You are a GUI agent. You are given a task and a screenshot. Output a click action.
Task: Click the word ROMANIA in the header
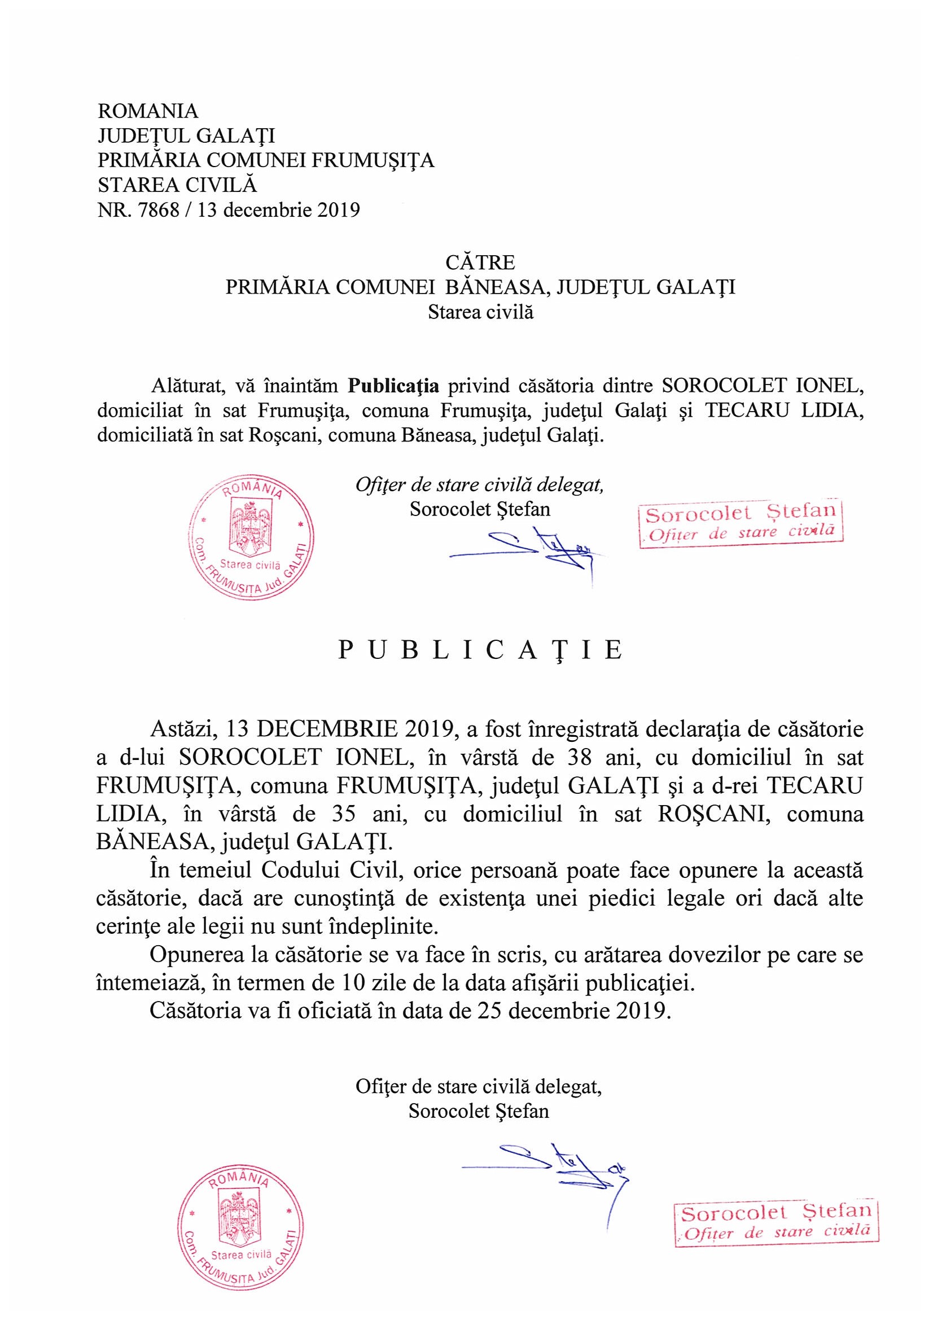[x=148, y=111]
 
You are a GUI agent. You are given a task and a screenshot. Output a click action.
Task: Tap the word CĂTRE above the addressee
[x=480, y=263]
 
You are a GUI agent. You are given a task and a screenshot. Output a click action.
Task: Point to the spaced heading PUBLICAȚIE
[x=480, y=650]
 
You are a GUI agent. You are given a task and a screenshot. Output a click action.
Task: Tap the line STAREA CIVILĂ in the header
[x=177, y=185]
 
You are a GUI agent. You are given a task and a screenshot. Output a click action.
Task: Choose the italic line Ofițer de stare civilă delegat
[x=479, y=485]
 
